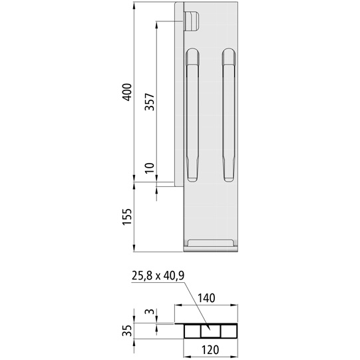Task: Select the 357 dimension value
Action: click(150, 100)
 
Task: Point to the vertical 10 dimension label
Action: click(150, 170)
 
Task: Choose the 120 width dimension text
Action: click(210, 349)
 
